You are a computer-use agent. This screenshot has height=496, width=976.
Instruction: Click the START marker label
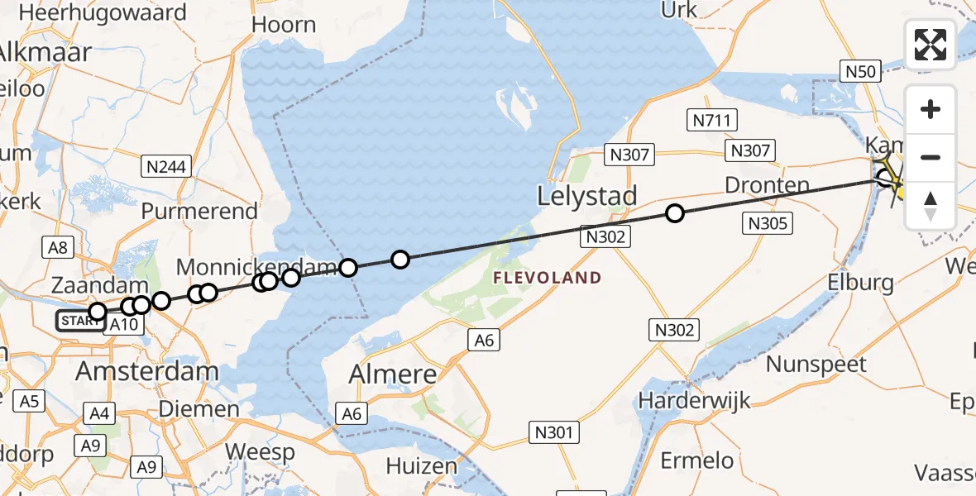(80, 321)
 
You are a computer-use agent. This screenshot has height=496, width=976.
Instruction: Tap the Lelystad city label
(587, 197)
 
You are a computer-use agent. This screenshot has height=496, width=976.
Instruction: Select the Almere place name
(392, 374)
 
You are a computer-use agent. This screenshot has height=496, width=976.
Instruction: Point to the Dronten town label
(767, 185)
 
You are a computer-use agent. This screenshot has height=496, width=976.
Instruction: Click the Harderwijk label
(695, 401)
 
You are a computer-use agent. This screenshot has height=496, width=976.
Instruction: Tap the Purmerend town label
(199, 211)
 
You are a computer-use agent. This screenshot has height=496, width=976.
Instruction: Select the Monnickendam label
(257, 267)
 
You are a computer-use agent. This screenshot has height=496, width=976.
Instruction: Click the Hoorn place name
(284, 25)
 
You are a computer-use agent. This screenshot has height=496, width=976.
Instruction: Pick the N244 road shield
(166, 166)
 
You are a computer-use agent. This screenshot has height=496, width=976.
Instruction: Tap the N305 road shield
(769, 222)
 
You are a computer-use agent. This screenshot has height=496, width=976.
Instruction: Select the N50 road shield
(860, 72)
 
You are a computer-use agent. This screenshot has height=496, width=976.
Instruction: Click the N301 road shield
(554, 432)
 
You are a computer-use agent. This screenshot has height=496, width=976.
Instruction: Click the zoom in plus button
(931, 109)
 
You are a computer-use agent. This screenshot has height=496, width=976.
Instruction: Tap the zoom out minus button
(931, 157)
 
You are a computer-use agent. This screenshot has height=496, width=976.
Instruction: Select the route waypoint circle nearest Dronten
(675, 214)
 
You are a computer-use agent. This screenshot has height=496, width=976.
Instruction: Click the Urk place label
(679, 10)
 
